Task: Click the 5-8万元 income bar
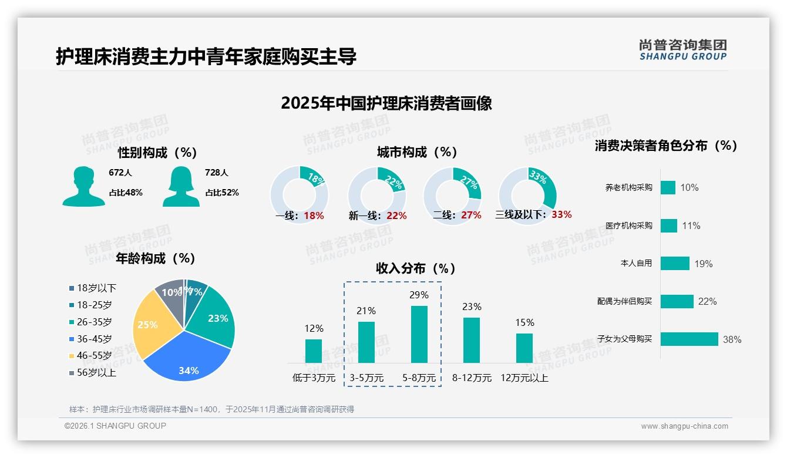coord(419,334)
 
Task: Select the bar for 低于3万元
coord(314,351)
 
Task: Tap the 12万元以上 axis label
coord(524,378)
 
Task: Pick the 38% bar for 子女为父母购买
coord(689,339)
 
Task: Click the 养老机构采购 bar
coord(668,187)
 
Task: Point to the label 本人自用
coord(636,263)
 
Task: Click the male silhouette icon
coord(83,186)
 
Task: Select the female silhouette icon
coord(181,186)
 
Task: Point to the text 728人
coord(217,173)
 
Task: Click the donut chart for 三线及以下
coord(527,196)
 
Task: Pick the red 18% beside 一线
coord(314,215)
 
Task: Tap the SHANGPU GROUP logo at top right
coord(682,50)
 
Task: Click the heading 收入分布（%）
coord(416,268)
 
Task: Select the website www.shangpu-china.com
coord(684,426)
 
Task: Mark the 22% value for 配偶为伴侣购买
coord(707,301)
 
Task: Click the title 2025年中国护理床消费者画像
coord(386,103)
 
